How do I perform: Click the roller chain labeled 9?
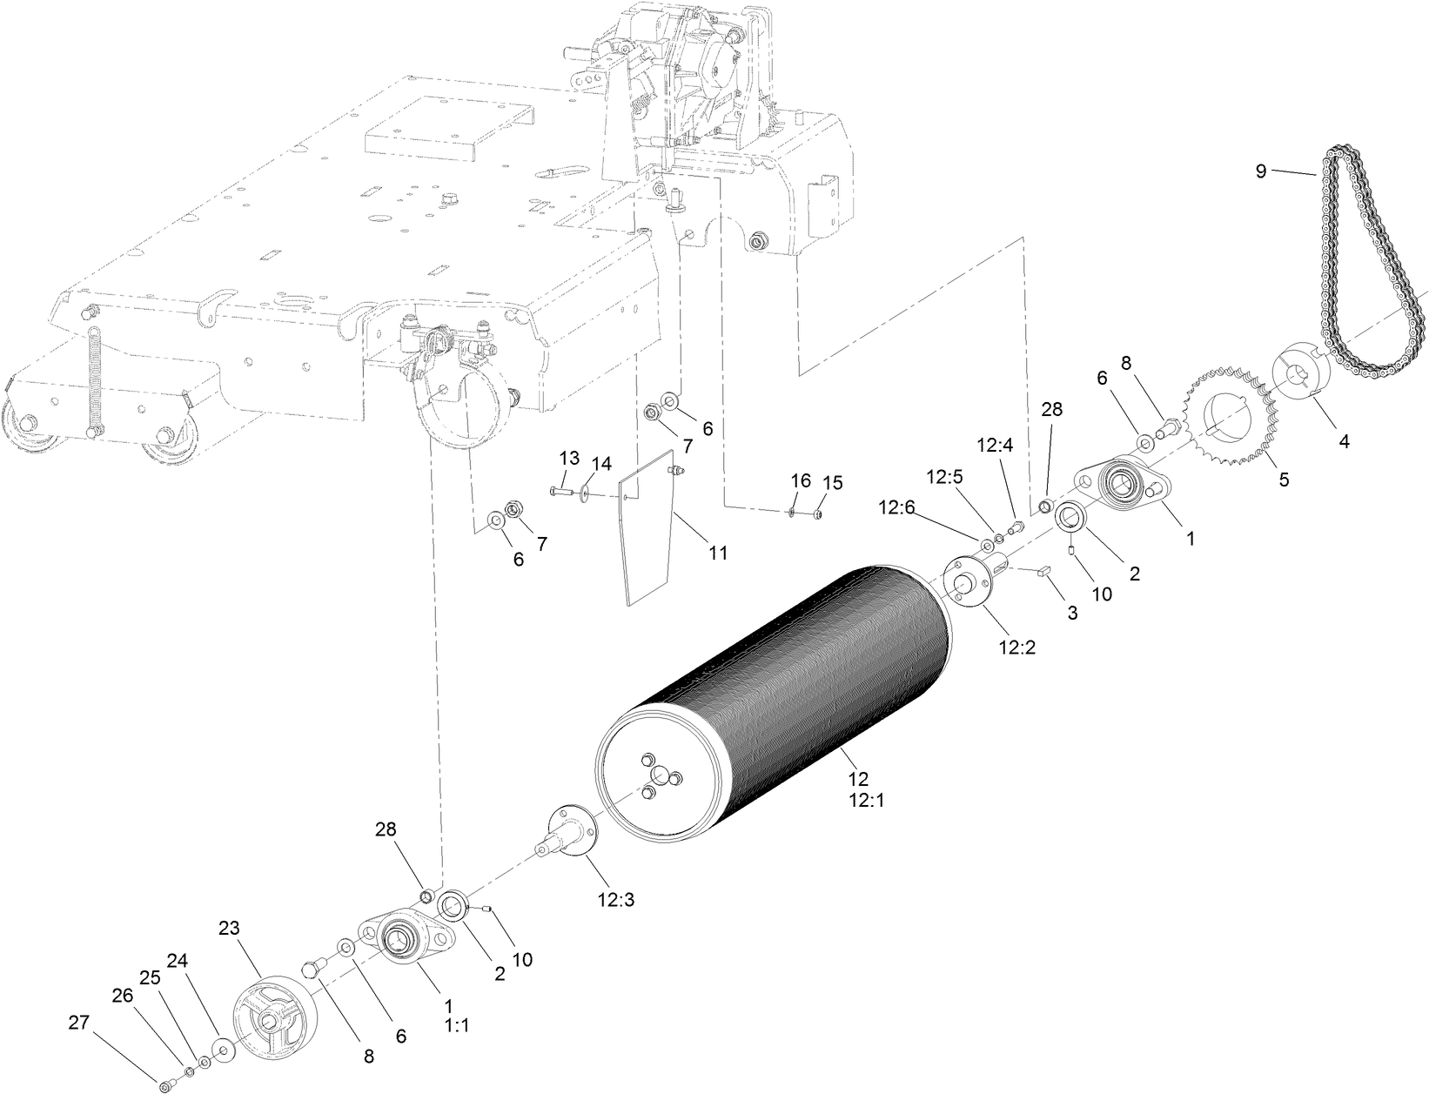(1371, 252)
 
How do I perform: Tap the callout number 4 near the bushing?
(1344, 441)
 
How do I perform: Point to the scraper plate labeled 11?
(647, 531)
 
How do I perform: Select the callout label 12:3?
(615, 901)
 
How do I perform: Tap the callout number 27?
(79, 1024)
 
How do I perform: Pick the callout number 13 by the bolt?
(568, 458)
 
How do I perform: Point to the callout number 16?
(801, 480)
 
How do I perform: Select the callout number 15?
(833, 482)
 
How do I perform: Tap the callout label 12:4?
(995, 446)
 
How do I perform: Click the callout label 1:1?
(456, 1025)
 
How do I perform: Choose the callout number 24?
(178, 962)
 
